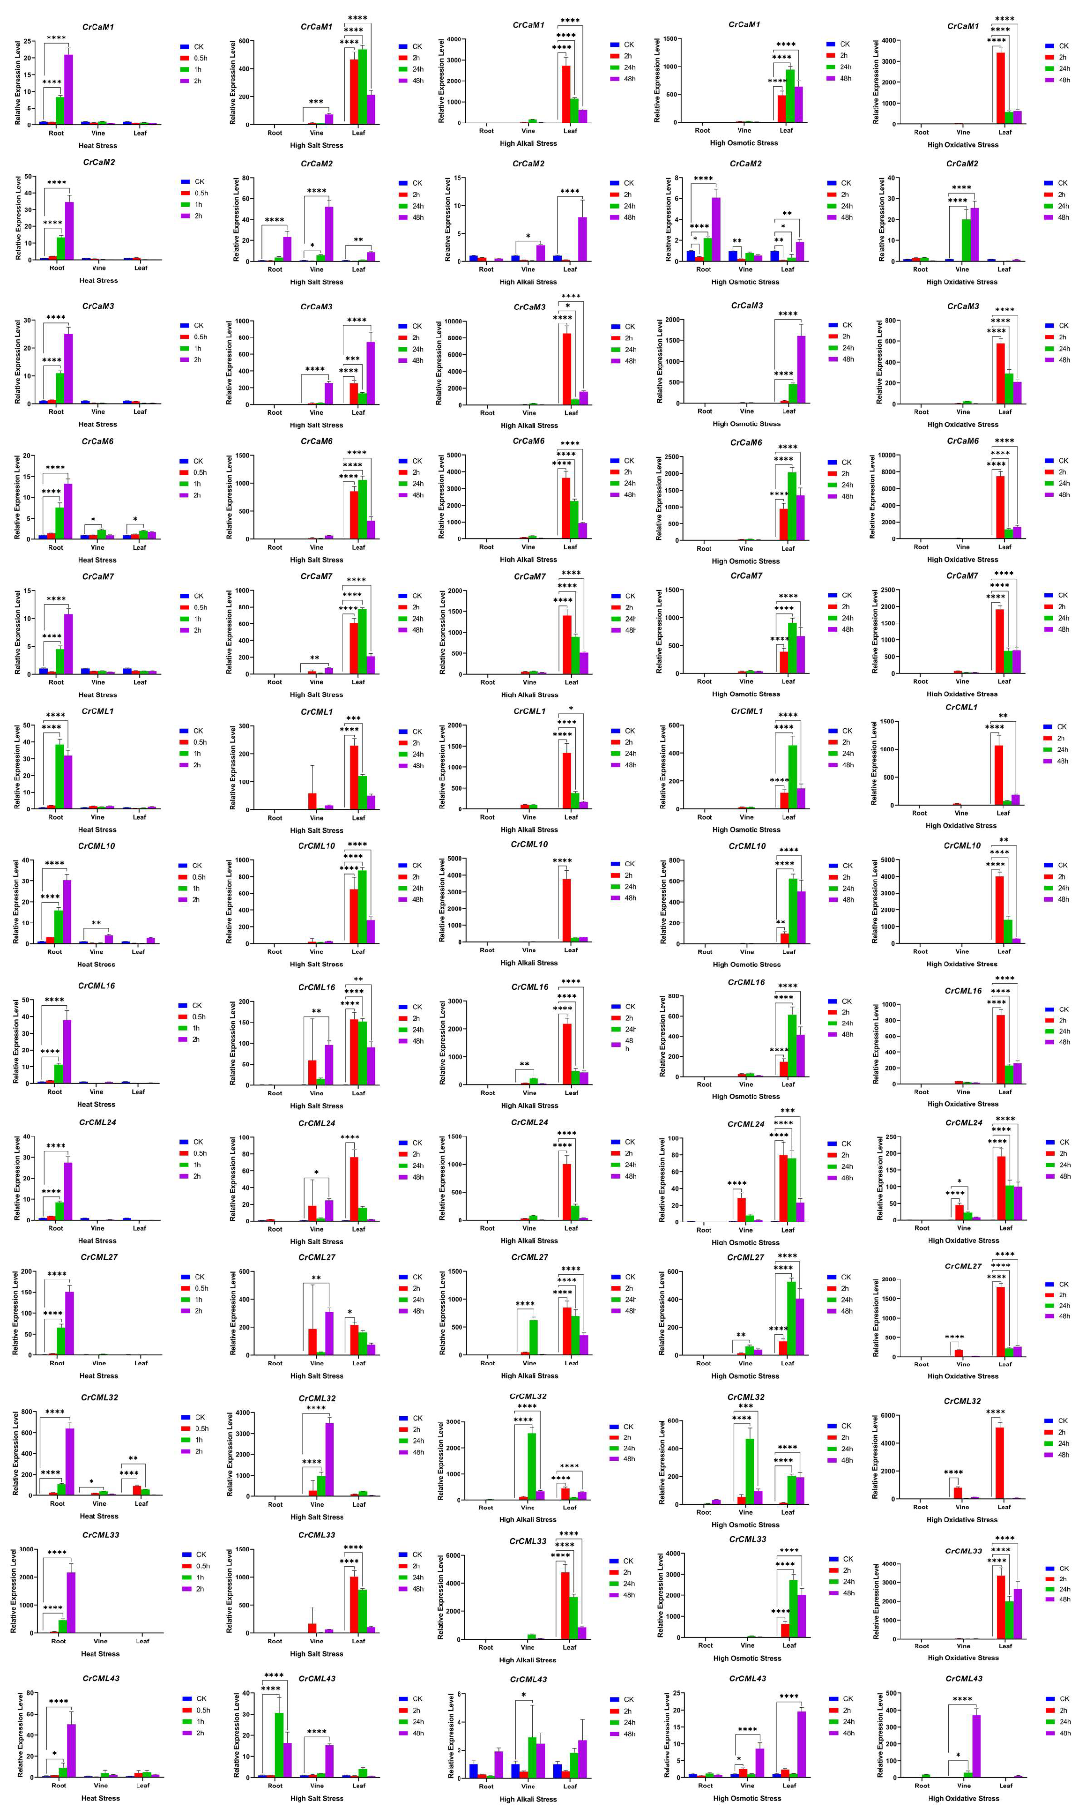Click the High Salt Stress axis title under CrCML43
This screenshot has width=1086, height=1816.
(316, 1798)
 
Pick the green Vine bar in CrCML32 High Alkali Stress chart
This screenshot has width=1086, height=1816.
(531, 1466)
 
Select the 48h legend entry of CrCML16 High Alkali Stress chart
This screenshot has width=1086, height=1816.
(629, 1045)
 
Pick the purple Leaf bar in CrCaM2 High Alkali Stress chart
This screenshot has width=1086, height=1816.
(582, 239)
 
